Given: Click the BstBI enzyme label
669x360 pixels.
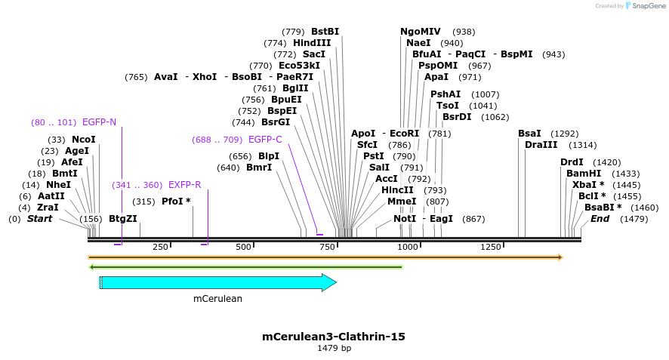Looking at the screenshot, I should [325, 32].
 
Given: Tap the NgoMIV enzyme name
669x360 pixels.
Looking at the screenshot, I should [421, 32].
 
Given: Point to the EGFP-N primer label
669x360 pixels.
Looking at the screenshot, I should [99, 122].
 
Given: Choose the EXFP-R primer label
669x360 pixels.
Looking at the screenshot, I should [184, 185].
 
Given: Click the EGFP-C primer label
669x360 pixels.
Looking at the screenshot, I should [265, 140].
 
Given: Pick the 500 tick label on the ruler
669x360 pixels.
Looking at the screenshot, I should [243, 248].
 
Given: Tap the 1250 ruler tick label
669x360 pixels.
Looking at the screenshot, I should [491, 248].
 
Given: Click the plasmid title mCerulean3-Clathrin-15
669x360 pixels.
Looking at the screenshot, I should [334, 337].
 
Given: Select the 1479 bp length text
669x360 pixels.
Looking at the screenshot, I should [334, 348].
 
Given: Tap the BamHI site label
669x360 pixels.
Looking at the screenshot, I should [584, 174].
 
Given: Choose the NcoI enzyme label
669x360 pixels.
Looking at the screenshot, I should [84, 140].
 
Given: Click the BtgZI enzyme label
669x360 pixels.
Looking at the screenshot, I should [122, 219].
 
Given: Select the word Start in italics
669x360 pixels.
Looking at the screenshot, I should [40, 219].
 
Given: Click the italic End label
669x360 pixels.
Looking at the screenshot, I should [600, 219].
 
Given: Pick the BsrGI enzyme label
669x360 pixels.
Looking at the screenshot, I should [276, 122].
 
